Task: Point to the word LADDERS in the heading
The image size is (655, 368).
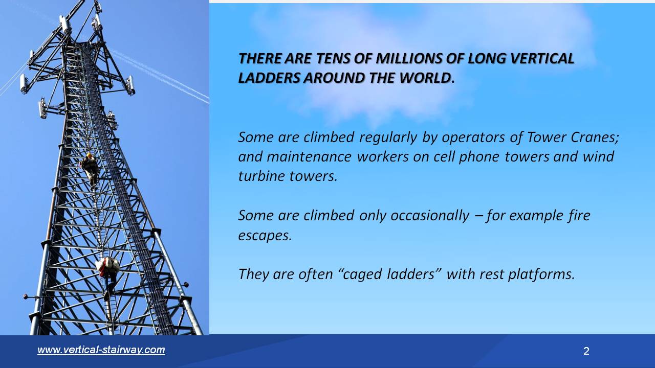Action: [x=268, y=78]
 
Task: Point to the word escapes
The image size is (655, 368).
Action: [x=265, y=236]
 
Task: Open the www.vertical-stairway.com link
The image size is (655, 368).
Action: [x=101, y=350]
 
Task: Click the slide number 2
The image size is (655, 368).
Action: [x=586, y=351]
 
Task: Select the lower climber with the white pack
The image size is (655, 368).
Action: [x=108, y=267]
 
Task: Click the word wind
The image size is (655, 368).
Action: [x=598, y=156]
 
